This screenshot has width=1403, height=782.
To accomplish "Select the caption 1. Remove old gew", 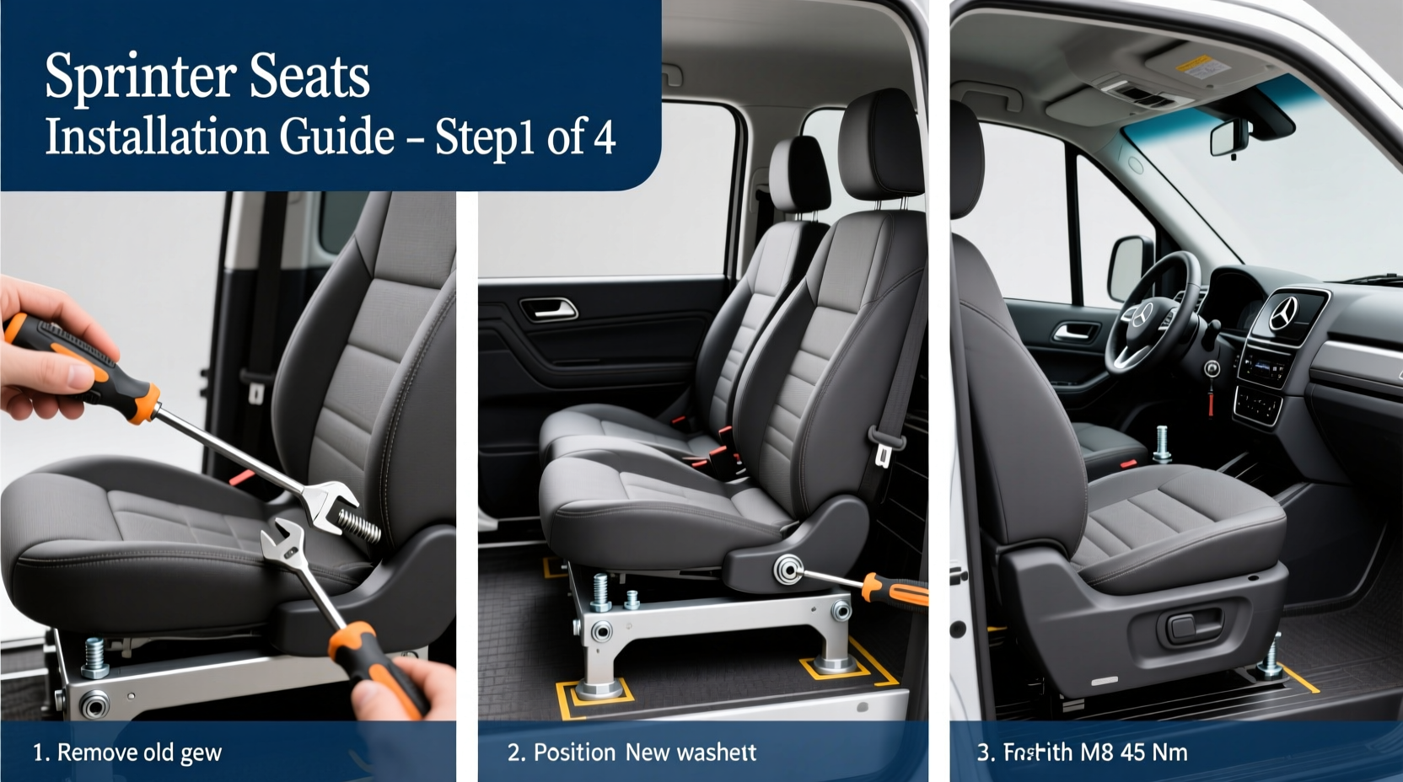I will [126, 752].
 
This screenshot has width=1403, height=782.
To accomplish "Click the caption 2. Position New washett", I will [632, 752].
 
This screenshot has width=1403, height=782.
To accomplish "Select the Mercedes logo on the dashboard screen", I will [1284, 313].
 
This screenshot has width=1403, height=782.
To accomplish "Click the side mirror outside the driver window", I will [1129, 267].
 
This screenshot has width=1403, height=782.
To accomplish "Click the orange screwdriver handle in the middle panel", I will [896, 589].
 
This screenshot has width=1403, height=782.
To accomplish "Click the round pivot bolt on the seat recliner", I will [788, 570].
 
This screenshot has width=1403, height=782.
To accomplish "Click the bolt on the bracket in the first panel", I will [94, 658].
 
